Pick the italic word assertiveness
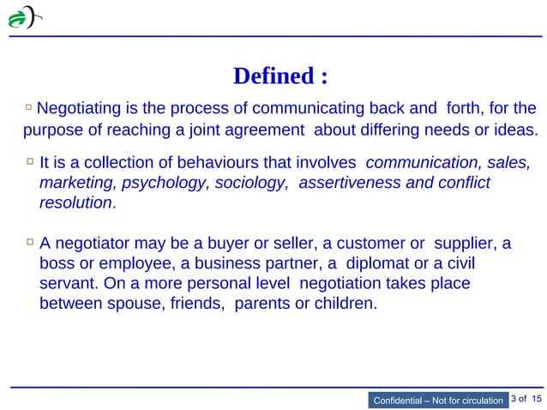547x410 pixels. pyautogui.click(x=346, y=183)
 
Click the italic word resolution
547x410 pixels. pyautogui.click(x=75, y=203)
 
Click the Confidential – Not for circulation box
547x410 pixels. pyautogui.click(x=436, y=400)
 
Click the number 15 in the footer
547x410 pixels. pyautogui.click(x=537, y=399)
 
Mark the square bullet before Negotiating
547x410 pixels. pyautogui.click(x=29, y=108)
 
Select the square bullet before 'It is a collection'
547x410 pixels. pyautogui.click(x=29, y=161)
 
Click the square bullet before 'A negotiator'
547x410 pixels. pyautogui.click(x=29, y=243)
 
